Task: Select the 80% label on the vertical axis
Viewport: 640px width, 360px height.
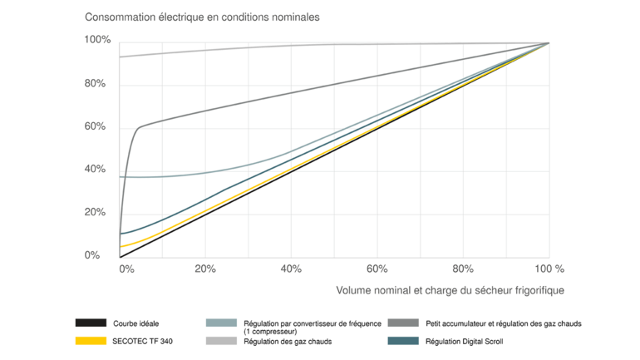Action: click(x=98, y=83)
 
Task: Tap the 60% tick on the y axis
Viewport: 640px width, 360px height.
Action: click(x=98, y=126)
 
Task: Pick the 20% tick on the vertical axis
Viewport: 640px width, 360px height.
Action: click(x=98, y=212)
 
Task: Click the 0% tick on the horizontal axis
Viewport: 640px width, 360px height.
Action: click(x=126, y=269)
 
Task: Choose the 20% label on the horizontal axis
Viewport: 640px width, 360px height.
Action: click(x=205, y=269)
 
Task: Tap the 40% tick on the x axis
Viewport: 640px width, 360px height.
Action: click(x=292, y=269)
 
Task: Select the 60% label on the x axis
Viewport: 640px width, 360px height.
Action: click(x=377, y=269)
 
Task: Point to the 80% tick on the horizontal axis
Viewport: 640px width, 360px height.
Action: click(x=463, y=269)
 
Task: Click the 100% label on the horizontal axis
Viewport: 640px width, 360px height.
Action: click(x=549, y=269)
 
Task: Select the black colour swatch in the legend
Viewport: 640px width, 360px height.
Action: click(x=91, y=323)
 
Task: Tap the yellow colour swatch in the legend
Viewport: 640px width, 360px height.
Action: click(x=91, y=340)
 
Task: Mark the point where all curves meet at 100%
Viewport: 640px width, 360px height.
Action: click(x=549, y=42)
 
